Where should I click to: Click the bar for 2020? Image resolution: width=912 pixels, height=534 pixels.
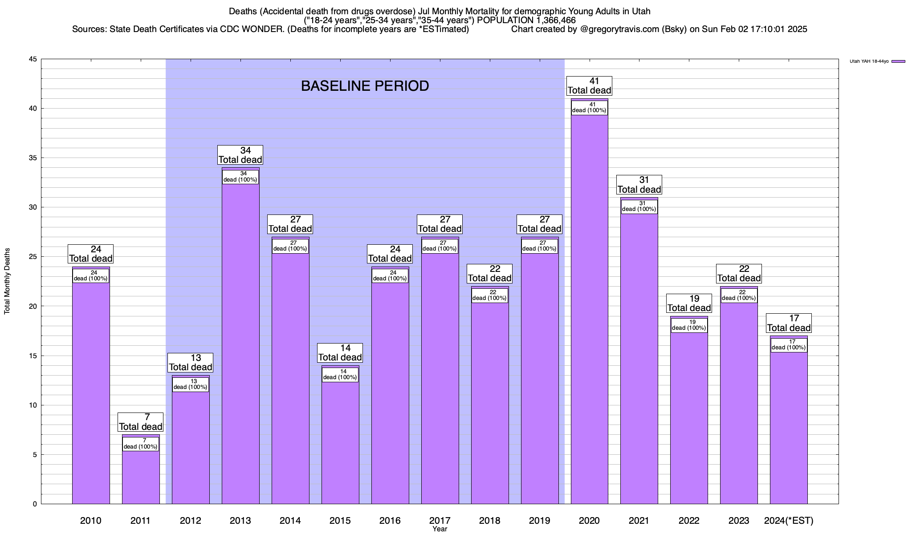[x=590, y=311]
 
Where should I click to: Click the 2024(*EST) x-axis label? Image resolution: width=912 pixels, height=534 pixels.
[x=789, y=520]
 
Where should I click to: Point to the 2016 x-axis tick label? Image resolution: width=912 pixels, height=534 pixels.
[x=390, y=520]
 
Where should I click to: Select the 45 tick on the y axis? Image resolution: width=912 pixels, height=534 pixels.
[x=33, y=59]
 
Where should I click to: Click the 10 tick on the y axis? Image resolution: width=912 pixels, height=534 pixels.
[x=33, y=405]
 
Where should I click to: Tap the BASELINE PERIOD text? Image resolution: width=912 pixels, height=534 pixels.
[x=365, y=86]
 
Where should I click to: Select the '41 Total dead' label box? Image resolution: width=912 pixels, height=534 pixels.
[x=589, y=86]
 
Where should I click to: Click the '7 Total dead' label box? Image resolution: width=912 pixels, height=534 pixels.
[x=141, y=422]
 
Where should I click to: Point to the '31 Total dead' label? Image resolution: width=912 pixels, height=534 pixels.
[x=639, y=185]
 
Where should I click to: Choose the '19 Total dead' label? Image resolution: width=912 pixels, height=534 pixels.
[x=689, y=303]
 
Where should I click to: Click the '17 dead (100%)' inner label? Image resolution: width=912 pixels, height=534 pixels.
[x=789, y=345]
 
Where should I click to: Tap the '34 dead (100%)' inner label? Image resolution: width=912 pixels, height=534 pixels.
[x=240, y=177]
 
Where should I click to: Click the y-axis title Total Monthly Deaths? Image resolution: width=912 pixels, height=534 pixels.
[x=7, y=281]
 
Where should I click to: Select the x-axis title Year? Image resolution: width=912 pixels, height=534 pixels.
[x=440, y=529]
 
